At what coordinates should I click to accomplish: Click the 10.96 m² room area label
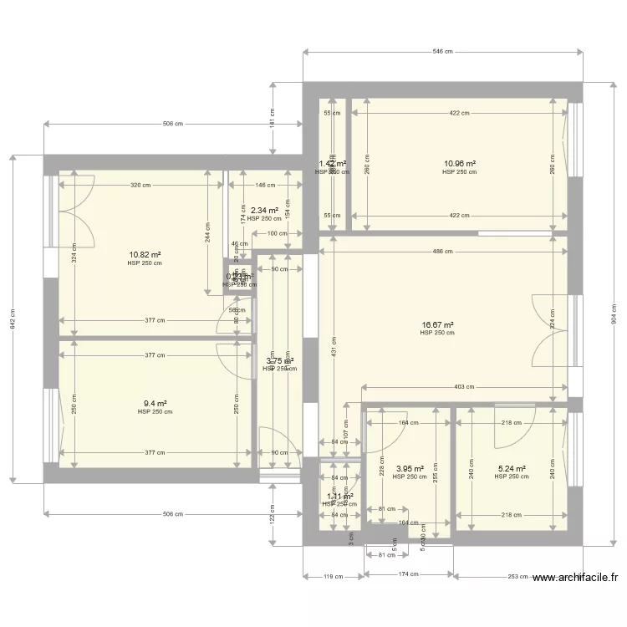460,164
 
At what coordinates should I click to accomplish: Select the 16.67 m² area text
437,324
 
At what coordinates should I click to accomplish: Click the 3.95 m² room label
410,469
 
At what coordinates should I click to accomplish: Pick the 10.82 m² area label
145,254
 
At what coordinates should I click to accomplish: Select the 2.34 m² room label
264,211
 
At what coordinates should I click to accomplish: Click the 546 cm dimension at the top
442,52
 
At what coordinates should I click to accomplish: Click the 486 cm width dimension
442,252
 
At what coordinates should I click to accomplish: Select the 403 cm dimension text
465,387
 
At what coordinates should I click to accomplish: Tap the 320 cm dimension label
140,185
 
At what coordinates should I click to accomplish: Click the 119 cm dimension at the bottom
334,576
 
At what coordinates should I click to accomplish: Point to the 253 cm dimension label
518,576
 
